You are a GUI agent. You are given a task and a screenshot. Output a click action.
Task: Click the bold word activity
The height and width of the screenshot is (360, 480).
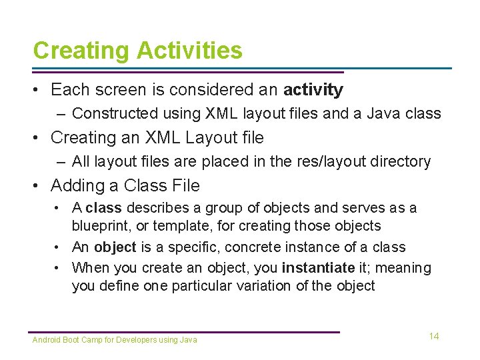[313, 90]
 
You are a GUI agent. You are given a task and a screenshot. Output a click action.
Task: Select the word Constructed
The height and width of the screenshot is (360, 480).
[111, 114]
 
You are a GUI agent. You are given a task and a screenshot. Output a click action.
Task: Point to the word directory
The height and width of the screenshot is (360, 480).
[402, 161]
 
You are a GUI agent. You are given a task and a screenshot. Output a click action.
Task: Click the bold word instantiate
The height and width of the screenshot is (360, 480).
[318, 268]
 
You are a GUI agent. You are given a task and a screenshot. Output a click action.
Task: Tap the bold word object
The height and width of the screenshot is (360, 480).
[115, 247]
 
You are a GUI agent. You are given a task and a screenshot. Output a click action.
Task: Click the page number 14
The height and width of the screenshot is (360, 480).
[434, 336]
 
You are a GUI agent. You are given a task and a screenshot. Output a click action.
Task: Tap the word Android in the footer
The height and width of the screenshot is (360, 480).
[46, 340]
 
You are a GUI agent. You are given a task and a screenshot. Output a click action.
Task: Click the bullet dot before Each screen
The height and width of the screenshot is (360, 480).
[38, 90]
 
